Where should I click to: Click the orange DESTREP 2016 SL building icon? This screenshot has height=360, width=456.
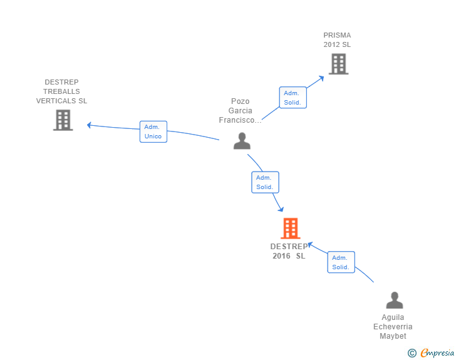tap(291, 229)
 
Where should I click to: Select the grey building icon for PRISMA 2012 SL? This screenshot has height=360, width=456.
tap(338, 64)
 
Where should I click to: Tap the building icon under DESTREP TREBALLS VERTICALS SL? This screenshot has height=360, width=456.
tap(63, 120)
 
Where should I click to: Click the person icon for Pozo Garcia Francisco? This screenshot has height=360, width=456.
tap(242, 141)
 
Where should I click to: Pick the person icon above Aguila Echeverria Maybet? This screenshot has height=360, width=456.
tap(395, 301)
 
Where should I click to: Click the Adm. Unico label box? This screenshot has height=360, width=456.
tap(153, 131)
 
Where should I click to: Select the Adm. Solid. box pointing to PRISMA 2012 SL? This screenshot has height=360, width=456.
tap(293, 98)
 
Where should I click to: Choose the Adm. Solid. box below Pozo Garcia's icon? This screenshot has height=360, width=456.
tap(265, 182)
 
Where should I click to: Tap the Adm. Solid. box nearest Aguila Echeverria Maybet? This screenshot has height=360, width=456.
tap(341, 262)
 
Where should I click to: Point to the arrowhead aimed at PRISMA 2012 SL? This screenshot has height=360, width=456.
tap(321, 78)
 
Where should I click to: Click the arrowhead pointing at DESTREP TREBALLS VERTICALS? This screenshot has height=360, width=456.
tap(90, 125)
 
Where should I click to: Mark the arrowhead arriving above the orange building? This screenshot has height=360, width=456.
tap(281, 208)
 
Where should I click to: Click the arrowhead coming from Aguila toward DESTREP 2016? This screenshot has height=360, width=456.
tap(310, 245)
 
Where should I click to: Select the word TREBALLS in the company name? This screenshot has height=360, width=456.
tap(61, 91)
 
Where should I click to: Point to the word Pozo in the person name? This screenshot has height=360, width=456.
tap(241, 101)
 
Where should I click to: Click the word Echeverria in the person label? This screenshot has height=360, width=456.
tap(393, 327)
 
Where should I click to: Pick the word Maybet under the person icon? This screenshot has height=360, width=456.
tap(393, 336)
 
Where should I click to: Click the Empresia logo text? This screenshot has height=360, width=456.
tap(437, 352)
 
